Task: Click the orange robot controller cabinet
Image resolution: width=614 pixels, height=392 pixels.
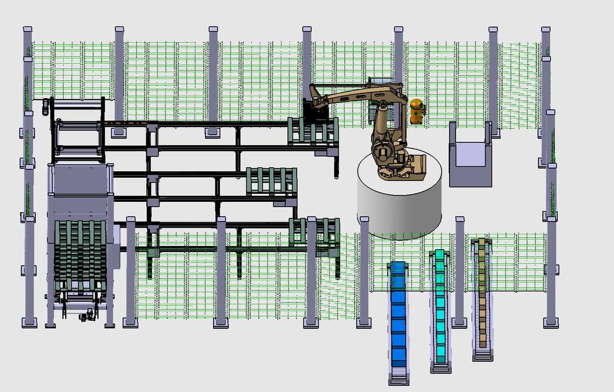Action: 417,111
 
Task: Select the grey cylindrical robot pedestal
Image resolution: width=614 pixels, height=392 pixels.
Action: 399,206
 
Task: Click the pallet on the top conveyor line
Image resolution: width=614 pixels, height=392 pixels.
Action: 313,132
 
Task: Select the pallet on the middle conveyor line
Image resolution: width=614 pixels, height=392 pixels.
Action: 271,181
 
